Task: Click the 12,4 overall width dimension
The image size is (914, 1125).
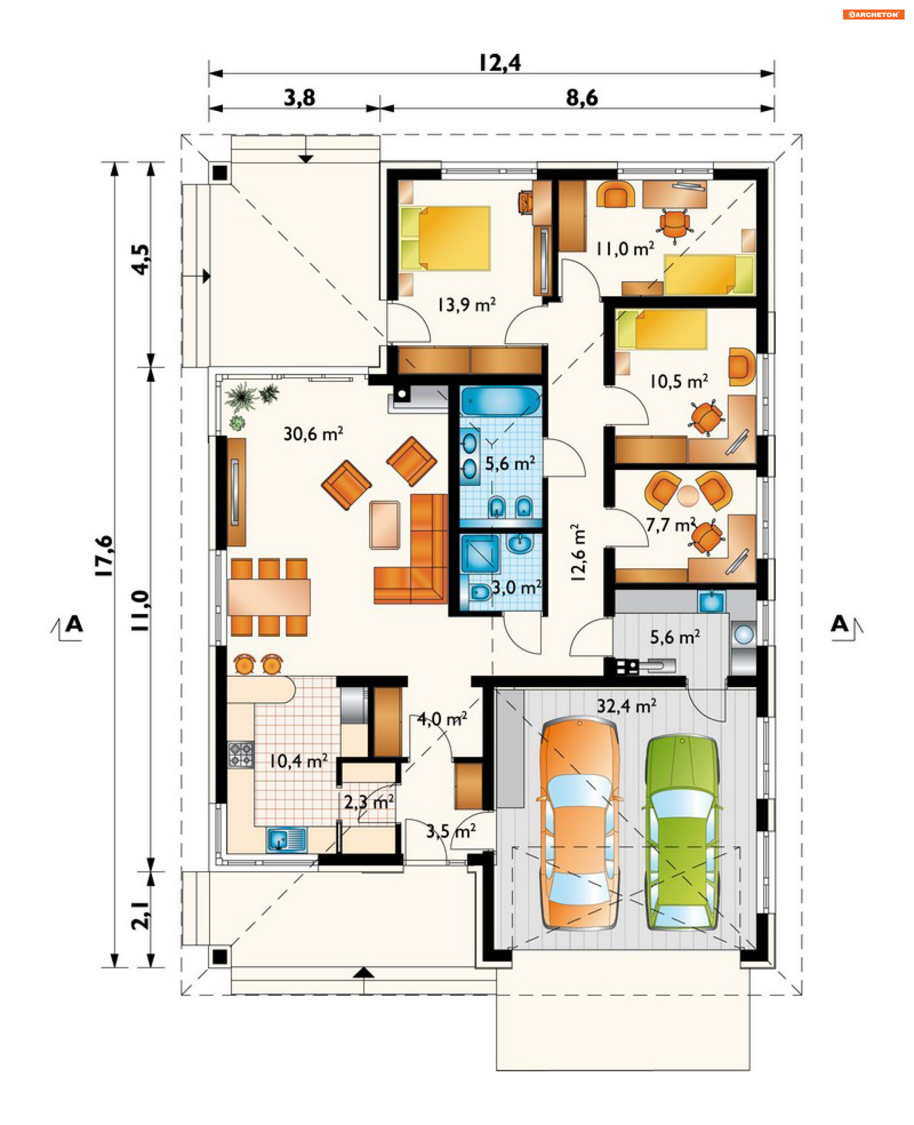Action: [500, 63]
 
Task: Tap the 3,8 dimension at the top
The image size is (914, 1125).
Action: [299, 98]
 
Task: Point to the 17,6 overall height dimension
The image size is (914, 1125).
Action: [104, 556]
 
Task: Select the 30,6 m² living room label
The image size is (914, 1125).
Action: [313, 433]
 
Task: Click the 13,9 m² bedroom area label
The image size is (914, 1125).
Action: [467, 304]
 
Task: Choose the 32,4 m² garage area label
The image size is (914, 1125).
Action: [626, 705]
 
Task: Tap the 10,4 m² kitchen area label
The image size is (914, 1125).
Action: [298, 761]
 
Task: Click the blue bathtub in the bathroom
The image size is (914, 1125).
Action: [500, 402]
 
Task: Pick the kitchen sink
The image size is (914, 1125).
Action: [287, 840]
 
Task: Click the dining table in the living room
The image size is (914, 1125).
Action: [269, 597]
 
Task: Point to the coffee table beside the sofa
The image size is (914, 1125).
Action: [384, 524]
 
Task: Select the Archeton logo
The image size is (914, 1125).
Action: [873, 14]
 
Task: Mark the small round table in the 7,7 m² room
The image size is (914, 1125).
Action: [687, 496]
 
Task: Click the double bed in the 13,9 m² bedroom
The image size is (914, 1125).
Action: [445, 238]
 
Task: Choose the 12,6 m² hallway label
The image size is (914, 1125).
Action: [577, 552]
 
